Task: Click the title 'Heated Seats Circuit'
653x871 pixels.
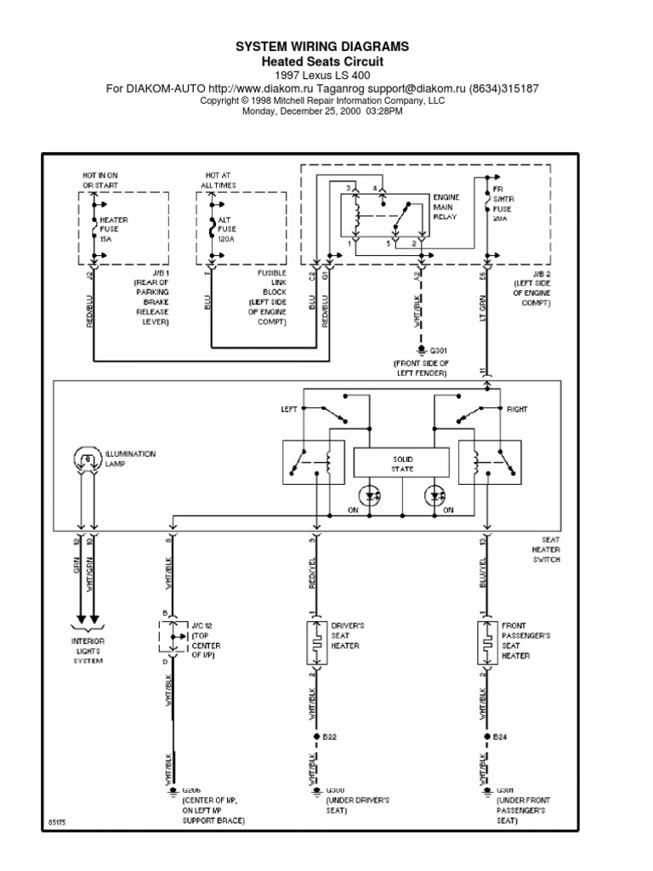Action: click(321, 62)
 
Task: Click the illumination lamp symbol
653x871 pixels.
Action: click(87, 460)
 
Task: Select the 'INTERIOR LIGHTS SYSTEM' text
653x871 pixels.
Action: click(87, 651)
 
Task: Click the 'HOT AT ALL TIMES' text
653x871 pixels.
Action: click(219, 179)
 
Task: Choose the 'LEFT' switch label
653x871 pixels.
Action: click(291, 409)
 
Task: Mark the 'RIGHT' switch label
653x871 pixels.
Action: click(517, 409)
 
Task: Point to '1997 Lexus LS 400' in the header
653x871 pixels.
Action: click(321, 75)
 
